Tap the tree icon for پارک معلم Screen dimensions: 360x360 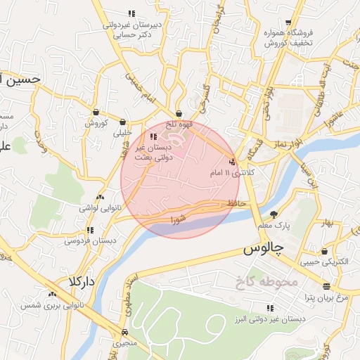tap(274, 214)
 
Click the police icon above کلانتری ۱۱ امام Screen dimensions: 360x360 tap(233, 162)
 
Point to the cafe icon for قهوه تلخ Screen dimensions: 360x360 tap(179, 113)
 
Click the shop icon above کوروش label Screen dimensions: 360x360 tap(96, 112)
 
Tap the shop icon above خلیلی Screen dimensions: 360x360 tap(123, 121)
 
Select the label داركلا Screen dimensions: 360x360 tap(82, 281)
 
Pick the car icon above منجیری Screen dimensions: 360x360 tap(124, 332)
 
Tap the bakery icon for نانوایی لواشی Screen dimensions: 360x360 tap(100, 198)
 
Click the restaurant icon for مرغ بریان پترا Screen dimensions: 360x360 tap(326, 286)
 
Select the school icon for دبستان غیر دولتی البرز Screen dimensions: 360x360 tap(270, 308)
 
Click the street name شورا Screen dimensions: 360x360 tap(179, 220)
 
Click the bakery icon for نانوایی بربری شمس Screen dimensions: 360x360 tap(51, 294)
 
